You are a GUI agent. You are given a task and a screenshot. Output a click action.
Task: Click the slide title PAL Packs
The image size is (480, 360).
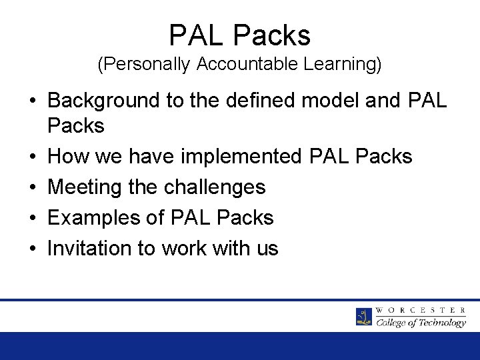(240, 35)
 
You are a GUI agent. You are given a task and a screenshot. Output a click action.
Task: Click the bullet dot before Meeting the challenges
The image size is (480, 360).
(31, 188)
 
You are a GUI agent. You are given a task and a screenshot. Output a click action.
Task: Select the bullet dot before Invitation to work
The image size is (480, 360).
(31, 249)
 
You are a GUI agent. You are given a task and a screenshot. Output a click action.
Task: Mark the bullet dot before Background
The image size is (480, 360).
(31, 101)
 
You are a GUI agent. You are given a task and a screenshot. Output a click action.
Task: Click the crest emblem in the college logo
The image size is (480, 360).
(364, 316)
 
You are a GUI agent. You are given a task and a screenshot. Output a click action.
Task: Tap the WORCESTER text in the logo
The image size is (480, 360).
(421, 310)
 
